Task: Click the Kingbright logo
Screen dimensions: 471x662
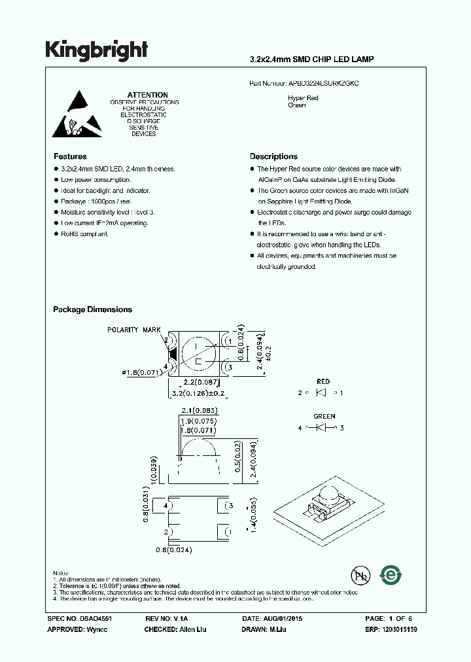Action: pos(96,50)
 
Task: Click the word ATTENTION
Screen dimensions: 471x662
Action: pos(147,95)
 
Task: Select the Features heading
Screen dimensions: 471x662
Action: pos(69,156)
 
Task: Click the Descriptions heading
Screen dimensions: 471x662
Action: pos(273,156)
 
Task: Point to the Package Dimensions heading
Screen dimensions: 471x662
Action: pos(92,309)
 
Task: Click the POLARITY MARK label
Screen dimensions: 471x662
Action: pos(133,330)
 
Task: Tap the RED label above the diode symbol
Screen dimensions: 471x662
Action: pos(323,381)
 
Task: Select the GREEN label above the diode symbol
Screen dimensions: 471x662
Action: pos(324,416)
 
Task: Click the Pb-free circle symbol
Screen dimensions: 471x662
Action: pos(359,576)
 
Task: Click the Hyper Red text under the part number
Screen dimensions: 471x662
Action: pos(303,97)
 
